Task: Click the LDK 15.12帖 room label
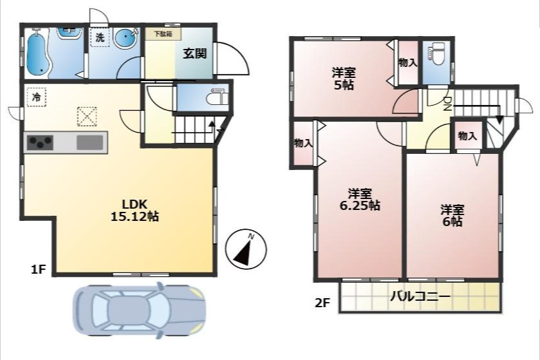135,210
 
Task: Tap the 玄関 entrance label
194,53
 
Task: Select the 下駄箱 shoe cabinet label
163,33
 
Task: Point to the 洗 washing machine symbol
100,37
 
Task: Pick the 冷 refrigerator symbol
36,97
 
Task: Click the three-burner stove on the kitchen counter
40,142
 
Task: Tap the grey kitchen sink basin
90,142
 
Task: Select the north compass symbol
246,249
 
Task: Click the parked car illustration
139,309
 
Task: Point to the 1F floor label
38,269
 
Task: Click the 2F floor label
322,303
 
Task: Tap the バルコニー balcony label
420,297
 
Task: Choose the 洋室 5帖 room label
344,79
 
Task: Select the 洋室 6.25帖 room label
360,200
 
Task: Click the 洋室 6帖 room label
452,215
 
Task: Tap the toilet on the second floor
436,54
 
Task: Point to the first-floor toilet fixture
218,97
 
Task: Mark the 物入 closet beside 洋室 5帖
408,62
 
